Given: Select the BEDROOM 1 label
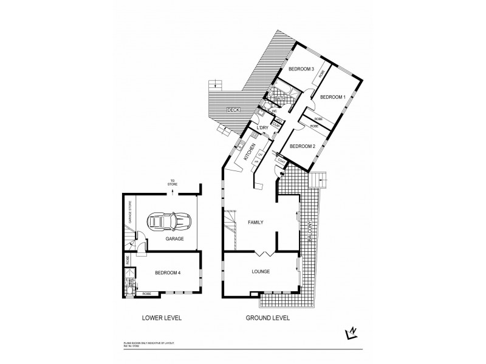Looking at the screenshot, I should (x=332, y=97).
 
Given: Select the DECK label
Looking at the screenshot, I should (x=232, y=110).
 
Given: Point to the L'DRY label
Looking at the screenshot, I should (x=262, y=128).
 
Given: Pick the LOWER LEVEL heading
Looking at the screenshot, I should (x=162, y=318).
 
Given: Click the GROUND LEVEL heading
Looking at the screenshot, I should (x=267, y=318).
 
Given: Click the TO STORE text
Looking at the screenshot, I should (x=173, y=183).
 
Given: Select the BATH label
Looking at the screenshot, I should (x=280, y=98).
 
